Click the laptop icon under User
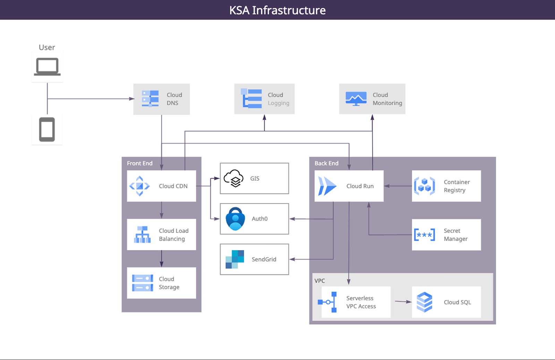click(x=47, y=67)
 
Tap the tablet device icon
click(x=47, y=129)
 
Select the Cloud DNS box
click(x=161, y=99)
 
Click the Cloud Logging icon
click(x=251, y=98)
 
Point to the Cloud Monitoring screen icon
click(x=356, y=98)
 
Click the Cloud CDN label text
click(x=173, y=186)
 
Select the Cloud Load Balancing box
click(x=161, y=235)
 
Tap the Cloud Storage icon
click(x=143, y=283)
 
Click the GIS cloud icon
click(x=234, y=178)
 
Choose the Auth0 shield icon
click(x=236, y=219)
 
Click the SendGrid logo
click(x=235, y=259)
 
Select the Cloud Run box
click(x=349, y=186)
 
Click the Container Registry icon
click(x=424, y=186)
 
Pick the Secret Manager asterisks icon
click(x=424, y=235)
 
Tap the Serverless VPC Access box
click(x=356, y=302)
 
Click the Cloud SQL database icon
click(x=424, y=302)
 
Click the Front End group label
click(x=139, y=163)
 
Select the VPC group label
click(x=319, y=281)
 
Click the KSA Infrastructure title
click(x=277, y=10)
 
